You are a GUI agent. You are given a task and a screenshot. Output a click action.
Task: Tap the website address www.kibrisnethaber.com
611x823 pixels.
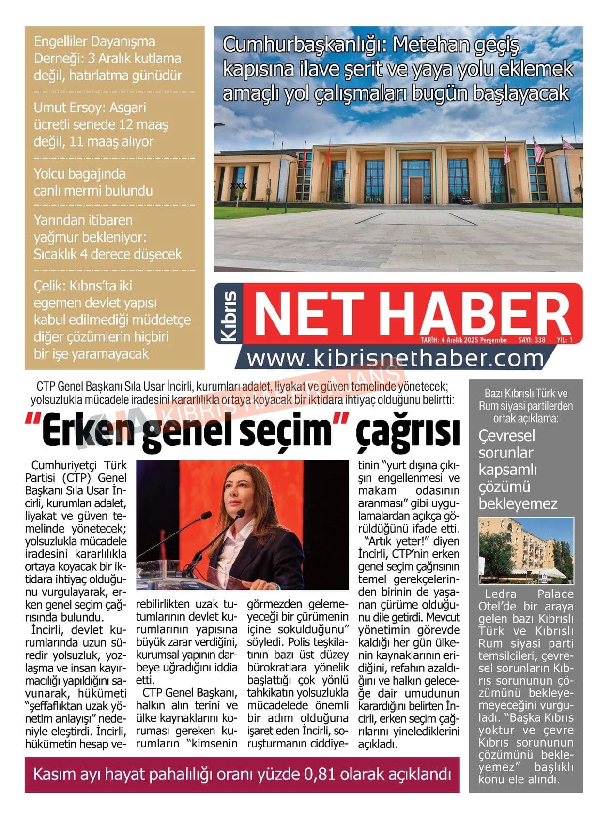pos(395,359)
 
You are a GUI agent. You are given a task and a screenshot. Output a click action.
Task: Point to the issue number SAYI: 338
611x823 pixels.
pos(532,340)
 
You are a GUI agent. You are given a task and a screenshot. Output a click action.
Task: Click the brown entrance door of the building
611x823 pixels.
pos(416,190)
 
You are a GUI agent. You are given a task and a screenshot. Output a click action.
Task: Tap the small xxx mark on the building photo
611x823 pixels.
pos(238,185)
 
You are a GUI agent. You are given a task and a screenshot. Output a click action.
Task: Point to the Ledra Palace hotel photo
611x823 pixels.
pos(526,550)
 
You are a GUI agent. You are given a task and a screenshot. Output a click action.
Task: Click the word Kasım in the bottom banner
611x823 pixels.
pos(55,775)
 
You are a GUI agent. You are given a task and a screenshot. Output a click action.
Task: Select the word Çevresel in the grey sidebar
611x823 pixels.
pos(506,436)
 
